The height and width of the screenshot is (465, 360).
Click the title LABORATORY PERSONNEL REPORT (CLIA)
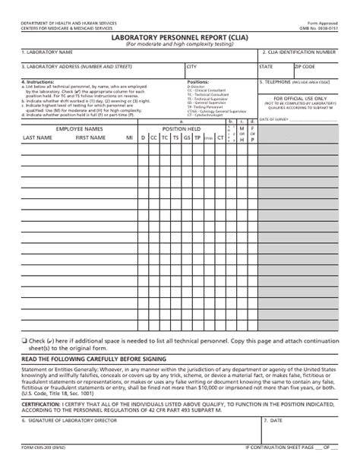pyautogui.click(x=179, y=36)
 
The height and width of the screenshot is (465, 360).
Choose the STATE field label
pyautogui.click(x=265, y=66)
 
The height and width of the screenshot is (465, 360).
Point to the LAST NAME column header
pyautogui.click(x=37, y=138)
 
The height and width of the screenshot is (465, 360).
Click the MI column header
pyautogui.click(x=130, y=138)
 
